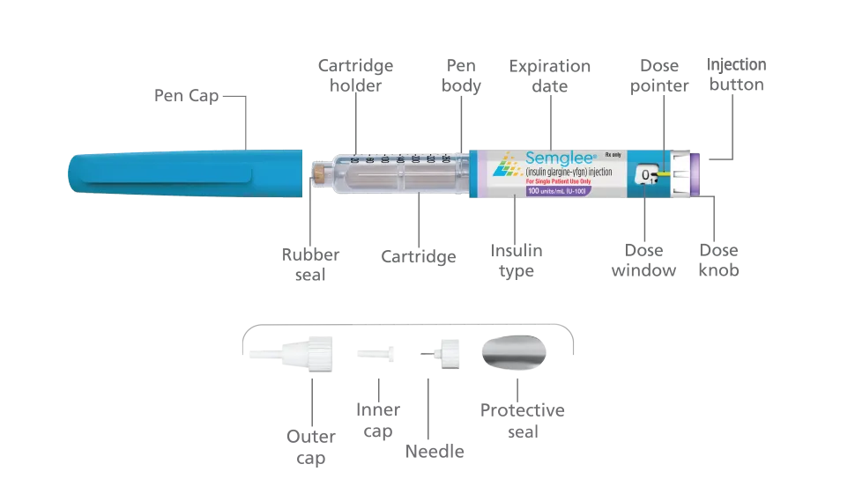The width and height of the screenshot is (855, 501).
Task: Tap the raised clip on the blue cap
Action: tap(167, 181)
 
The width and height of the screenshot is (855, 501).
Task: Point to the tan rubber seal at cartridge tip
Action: tap(317, 172)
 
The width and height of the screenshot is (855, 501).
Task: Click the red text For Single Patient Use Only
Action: tap(566, 181)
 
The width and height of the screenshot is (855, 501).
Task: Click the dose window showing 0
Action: tap(648, 175)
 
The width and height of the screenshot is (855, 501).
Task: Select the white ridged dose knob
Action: tap(680, 173)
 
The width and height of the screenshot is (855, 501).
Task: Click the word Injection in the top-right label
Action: tap(737, 64)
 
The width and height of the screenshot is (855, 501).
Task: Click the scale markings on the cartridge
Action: tap(402, 159)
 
